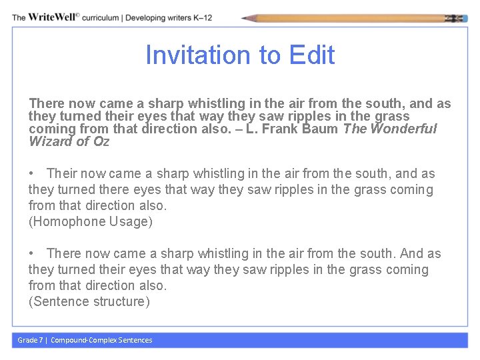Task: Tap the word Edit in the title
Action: pos(312,55)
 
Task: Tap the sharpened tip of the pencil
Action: pos(245,19)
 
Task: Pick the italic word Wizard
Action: pos(50,141)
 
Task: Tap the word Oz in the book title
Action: pos(101,141)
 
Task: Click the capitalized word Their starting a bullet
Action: pos(62,173)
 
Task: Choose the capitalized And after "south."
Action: pos(412,253)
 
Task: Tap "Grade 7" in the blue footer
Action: pos(30,340)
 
